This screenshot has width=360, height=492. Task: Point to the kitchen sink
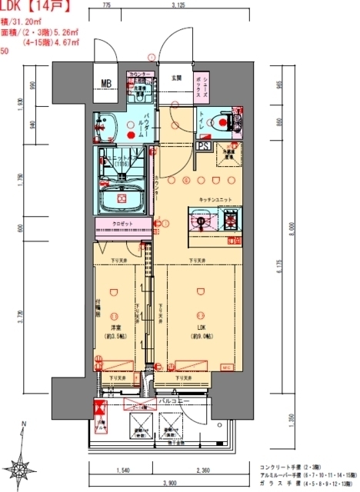202,223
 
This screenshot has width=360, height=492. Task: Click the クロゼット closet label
122,224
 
